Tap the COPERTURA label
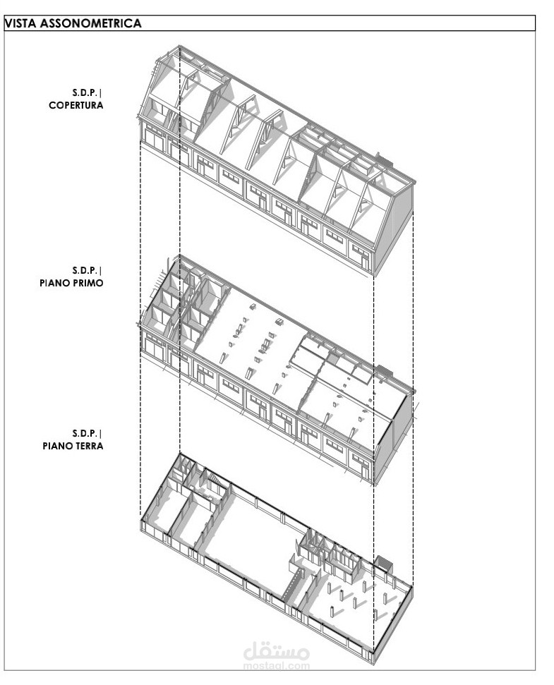click(x=76, y=105)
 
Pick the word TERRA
click(x=88, y=445)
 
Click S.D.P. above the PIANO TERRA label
click(x=88, y=432)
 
